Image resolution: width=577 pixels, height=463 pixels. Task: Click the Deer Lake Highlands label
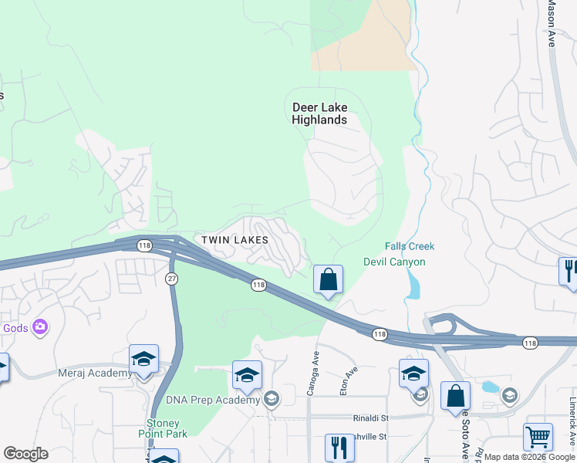319,113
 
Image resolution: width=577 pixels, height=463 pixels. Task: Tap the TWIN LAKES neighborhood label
235,240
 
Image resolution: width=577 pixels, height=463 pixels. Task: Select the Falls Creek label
410,246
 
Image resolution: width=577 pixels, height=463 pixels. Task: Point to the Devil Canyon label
394,262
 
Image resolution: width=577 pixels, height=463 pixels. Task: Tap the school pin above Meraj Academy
143,360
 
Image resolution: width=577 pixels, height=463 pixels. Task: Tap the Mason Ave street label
552,23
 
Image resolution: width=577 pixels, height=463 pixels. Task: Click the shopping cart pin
538,437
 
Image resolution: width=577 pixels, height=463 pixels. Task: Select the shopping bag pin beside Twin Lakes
328,280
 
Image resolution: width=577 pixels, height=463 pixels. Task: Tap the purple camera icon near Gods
39,327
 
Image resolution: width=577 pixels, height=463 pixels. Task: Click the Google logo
25,454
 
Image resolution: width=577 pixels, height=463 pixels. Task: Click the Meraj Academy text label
95,373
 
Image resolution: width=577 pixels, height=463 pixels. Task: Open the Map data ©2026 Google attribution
530,457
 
